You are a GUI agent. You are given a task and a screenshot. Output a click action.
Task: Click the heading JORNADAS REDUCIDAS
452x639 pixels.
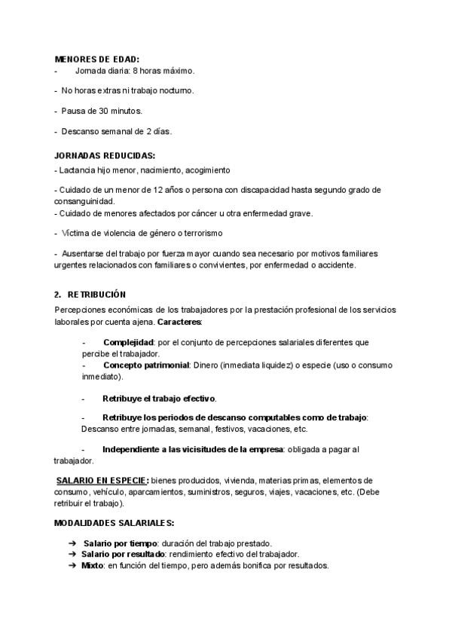(x=105, y=156)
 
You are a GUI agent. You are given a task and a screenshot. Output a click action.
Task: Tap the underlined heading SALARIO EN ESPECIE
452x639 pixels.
(x=102, y=480)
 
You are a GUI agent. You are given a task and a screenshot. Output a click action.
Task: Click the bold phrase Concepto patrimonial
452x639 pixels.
(x=145, y=365)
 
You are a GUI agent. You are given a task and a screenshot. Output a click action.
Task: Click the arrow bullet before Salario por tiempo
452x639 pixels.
(x=72, y=543)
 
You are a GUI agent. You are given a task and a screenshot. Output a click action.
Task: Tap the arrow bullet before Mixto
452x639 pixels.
(x=72, y=565)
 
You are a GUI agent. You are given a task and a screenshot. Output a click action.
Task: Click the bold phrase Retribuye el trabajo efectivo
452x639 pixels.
(x=159, y=398)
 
